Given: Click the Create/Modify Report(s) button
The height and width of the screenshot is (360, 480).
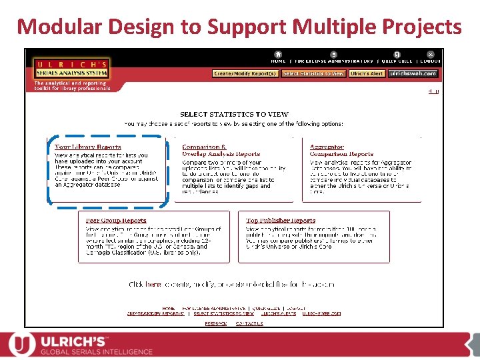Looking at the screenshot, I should click(245, 73).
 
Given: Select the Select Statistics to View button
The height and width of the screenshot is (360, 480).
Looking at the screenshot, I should click(313, 73).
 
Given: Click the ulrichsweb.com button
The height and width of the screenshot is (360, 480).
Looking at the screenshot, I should click(413, 73).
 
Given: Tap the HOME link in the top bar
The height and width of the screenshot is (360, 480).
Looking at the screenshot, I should click(278, 61).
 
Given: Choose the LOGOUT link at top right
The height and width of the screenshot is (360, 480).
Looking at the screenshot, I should click(430, 61).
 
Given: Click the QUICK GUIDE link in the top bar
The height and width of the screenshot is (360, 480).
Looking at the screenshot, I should click(397, 61).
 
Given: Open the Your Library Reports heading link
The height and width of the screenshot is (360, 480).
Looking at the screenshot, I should click(88, 147).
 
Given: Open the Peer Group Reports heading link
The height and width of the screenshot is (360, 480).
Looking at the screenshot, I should click(116, 221).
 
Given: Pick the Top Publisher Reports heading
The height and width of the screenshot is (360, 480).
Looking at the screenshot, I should click(281, 221).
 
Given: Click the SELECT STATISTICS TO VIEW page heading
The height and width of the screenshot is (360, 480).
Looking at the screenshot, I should click(233, 115).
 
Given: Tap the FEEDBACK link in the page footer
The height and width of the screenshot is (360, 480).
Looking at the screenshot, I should click(215, 323).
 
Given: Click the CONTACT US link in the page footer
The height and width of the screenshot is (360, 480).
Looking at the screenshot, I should click(249, 323).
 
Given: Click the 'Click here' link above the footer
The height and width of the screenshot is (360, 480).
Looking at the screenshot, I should click(145, 284).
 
